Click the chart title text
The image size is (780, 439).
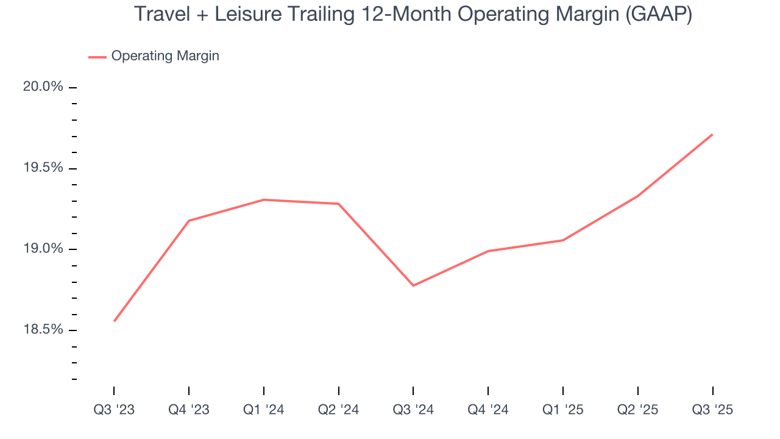click(413, 14)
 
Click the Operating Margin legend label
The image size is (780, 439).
click(165, 56)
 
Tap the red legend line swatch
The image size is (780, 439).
click(97, 57)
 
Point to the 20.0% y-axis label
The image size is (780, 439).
click(43, 87)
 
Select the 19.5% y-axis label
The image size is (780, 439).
click(43, 168)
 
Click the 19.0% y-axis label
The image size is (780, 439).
click(43, 249)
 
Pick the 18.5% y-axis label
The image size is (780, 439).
click(43, 330)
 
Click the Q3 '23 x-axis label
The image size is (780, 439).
click(114, 410)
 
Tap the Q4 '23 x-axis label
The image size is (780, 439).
click(189, 410)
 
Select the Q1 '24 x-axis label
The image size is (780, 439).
click(263, 410)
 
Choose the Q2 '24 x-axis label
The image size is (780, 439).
click(338, 410)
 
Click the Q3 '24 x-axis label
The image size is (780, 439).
click(413, 410)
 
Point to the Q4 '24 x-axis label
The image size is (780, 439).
click(488, 410)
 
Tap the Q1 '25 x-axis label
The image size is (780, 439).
click(562, 410)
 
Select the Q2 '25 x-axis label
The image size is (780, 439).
click(637, 410)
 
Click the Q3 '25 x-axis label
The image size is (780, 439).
click(712, 410)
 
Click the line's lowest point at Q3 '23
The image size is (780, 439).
click(114, 321)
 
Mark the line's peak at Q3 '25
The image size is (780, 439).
click(712, 134)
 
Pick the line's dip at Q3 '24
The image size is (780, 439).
click(413, 285)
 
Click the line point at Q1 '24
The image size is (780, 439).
click(263, 199)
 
